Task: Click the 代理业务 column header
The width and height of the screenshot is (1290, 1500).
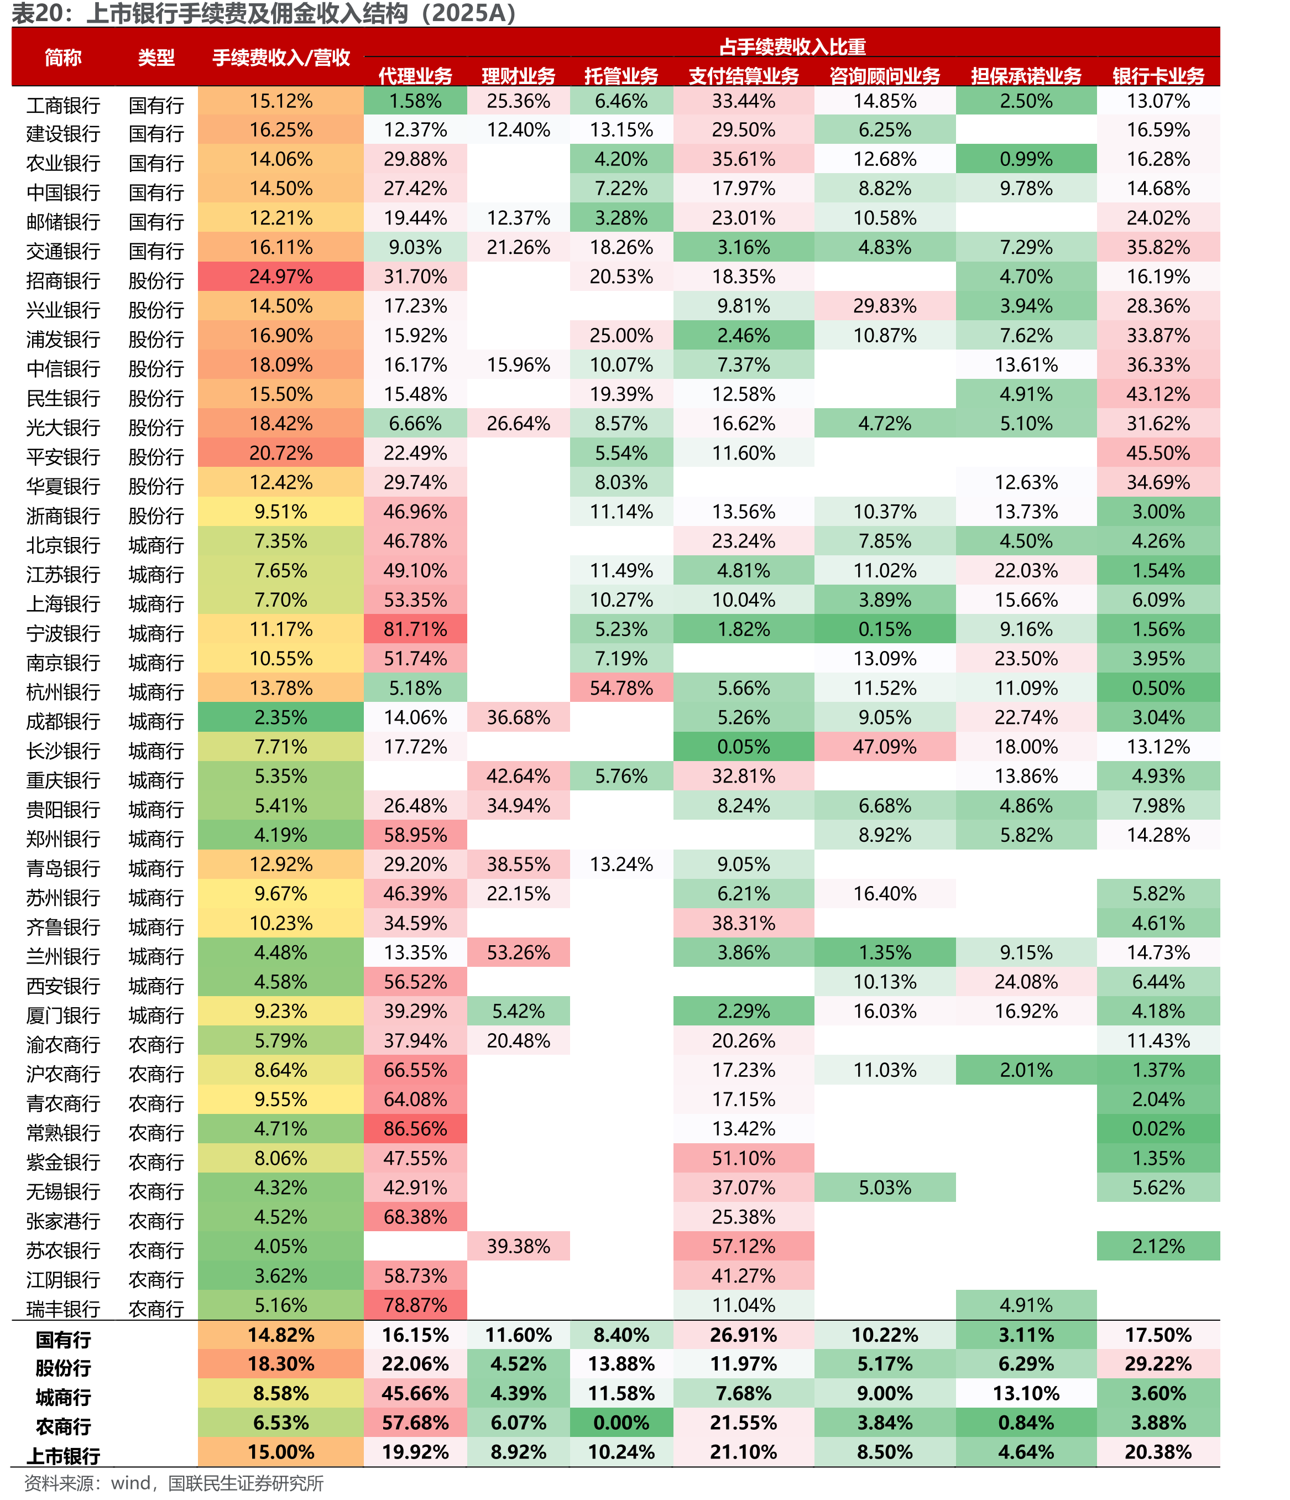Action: [415, 75]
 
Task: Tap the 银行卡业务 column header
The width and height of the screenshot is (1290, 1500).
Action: [1158, 75]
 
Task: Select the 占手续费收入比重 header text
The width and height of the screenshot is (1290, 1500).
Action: [792, 46]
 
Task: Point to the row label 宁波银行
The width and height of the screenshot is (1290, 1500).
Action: [63, 633]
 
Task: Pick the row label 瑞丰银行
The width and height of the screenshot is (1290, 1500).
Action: [63, 1309]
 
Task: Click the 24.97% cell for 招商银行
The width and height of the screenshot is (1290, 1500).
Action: [281, 277]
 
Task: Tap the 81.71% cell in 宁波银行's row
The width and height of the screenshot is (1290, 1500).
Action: [415, 629]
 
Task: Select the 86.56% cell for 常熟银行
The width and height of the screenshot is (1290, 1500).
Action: [415, 1129]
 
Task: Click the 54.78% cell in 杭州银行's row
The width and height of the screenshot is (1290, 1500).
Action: [621, 687]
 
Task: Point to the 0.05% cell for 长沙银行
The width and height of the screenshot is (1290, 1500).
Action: [744, 746]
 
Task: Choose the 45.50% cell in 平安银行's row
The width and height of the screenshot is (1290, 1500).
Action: [1158, 453]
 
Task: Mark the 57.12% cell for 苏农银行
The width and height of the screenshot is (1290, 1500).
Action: [744, 1246]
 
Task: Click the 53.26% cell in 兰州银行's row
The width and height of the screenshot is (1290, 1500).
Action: [518, 952]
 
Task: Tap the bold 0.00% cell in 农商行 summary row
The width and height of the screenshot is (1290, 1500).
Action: [621, 1423]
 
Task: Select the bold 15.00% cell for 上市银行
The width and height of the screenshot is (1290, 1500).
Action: [281, 1451]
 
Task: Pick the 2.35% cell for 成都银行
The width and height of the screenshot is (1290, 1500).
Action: [281, 717]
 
